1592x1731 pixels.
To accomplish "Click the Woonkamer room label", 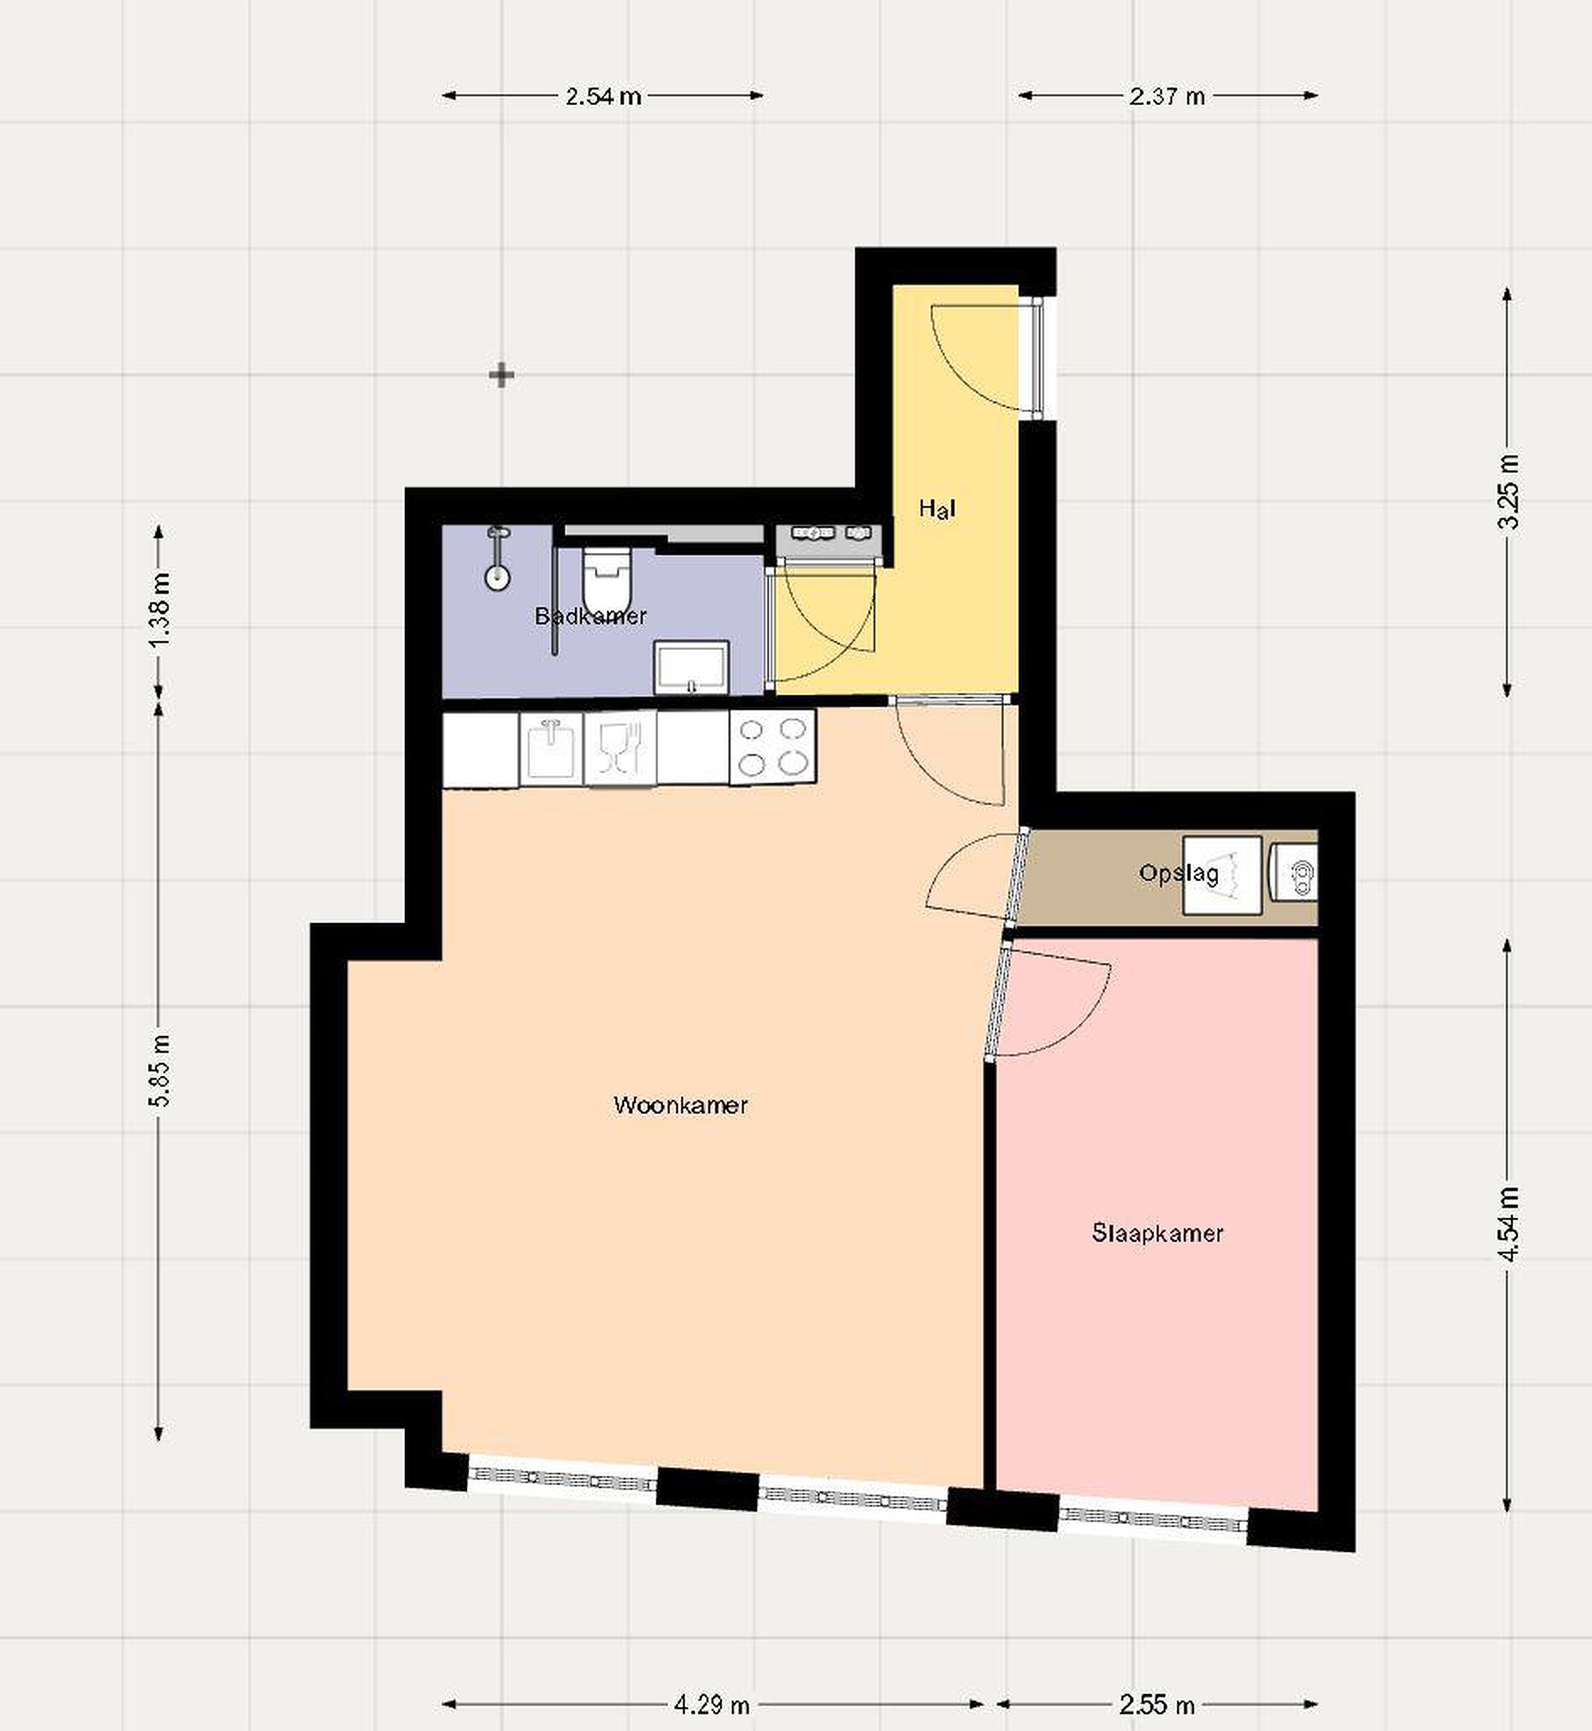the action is point(680,1105).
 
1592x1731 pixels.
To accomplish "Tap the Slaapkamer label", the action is point(1157,1233).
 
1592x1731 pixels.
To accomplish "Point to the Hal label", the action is point(938,508).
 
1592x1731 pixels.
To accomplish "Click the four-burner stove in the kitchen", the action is point(772,747).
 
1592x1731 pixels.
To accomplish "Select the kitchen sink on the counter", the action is point(551,748).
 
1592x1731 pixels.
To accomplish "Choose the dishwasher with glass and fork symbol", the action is point(620,748).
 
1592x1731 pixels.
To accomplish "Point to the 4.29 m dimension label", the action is point(712,1705).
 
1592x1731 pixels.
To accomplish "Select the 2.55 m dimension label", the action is point(1157,1705).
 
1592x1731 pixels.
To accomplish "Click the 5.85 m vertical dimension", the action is point(159,1069).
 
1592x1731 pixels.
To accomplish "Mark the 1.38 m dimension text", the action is point(159,609).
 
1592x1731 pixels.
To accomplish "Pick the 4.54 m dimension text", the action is point(1508,1224).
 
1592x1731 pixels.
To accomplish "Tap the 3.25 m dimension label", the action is point(1508,492).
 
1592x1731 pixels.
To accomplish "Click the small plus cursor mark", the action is point(501,376).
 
